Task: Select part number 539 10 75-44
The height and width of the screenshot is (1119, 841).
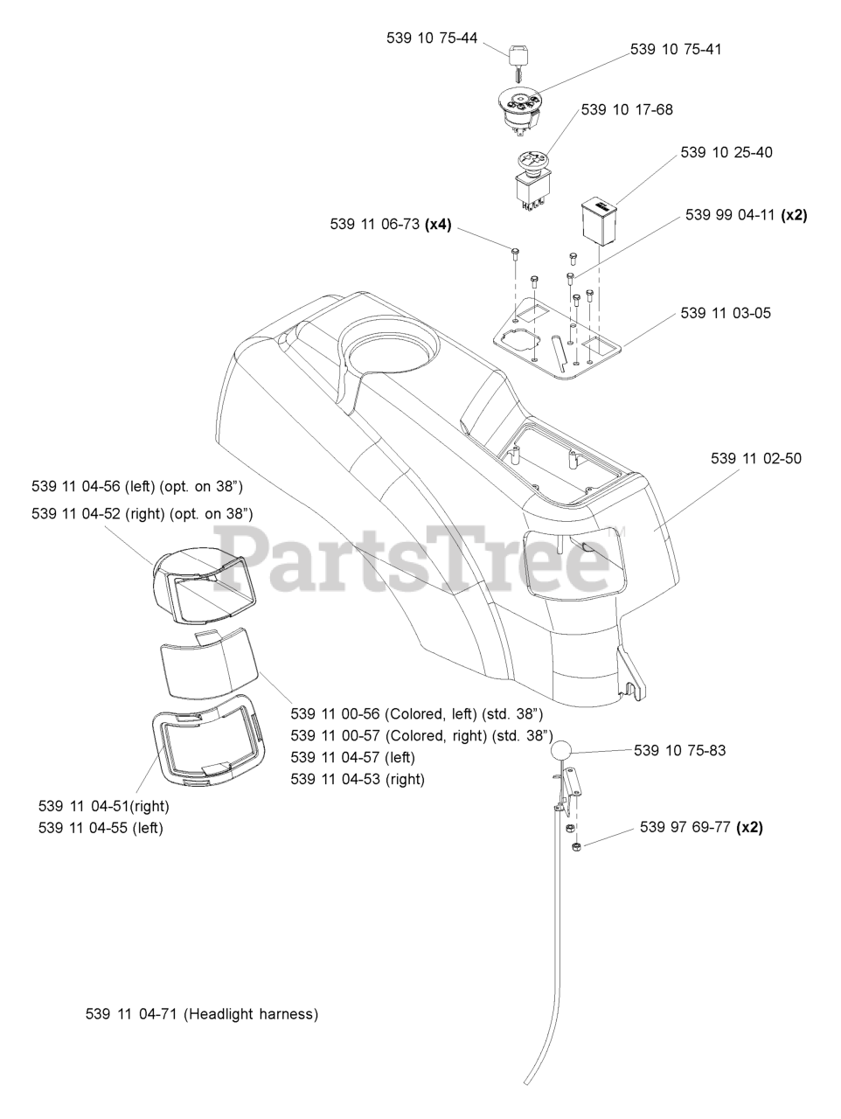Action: (x=432, y=38)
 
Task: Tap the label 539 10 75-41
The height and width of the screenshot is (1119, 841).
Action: (x=676, y=50)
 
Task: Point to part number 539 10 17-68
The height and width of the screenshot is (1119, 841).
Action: (x=627, y=109)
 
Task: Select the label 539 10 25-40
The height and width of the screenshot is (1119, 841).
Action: (x=726, y=152)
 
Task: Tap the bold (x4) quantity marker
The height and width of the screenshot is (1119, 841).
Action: (x=438, y=225)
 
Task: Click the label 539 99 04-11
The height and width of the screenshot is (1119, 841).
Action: (x=730, y=215)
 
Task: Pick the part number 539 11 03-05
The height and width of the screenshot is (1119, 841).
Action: (x=726, y=312)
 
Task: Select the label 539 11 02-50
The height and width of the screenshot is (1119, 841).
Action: (x=756, y=458)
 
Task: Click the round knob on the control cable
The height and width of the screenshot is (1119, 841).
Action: (x=561, y=751)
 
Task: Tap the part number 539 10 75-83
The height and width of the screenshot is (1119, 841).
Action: (x=679, y=750)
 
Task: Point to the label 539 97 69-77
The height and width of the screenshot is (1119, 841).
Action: (x=685, y=827)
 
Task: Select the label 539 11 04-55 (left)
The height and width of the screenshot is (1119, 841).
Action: (x=101, y=828)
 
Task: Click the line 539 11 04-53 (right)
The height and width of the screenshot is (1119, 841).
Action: (x=358, y=779)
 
